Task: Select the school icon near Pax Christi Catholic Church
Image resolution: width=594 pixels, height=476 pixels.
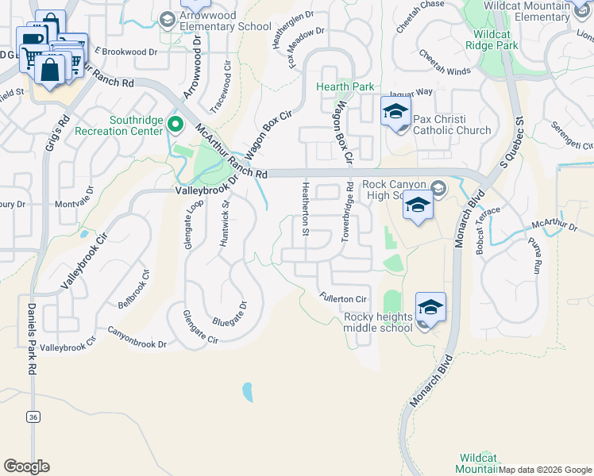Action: tap(395, 113)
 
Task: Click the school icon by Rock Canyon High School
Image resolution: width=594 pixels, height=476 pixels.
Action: tap(418, 206)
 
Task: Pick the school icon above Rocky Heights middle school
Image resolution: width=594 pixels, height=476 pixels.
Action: tap(430, 307)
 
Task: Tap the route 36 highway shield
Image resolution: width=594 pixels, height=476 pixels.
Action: tap(33, 416)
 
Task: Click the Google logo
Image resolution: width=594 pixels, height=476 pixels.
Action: tap(26, 466)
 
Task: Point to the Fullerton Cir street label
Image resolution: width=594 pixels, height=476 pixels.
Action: tap(342, 298)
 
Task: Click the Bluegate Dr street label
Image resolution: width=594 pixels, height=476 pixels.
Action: tap(229, 315)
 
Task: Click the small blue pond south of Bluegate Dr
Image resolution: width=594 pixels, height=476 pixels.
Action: tap(247, 391)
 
